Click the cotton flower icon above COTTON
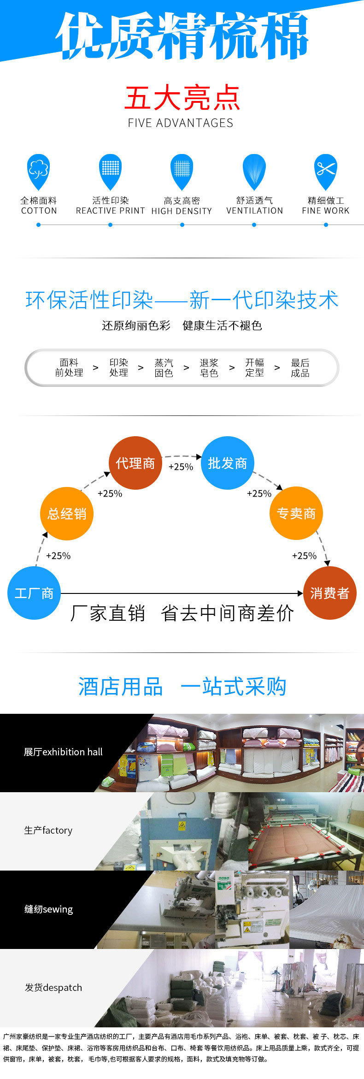pos(38,169)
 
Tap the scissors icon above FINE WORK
pos(326,169)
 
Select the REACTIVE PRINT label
pos(110,211)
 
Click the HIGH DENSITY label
pos(182,211)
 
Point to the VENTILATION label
pos(254,211)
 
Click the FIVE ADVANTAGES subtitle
pos(181,123)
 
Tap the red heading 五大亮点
pos(182,98)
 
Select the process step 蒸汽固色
pos(164,368)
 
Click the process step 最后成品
pos(300,368)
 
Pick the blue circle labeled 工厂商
pos(34,593)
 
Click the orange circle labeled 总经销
pos(67,513)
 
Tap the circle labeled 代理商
pos(135,463)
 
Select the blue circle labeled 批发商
pos(228,463)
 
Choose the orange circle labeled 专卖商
pos(296,513)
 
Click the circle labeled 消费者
pos(330,593)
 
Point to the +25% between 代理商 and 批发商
pos(181,467)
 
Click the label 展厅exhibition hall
pos(63,752)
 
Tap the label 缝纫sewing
pos(48,909)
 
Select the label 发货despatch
pos(53,987)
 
